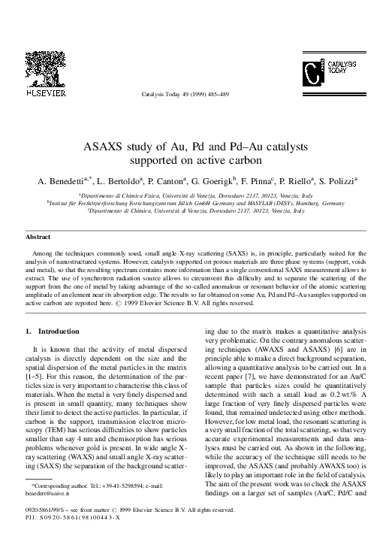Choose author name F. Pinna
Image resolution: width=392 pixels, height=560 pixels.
276,181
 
